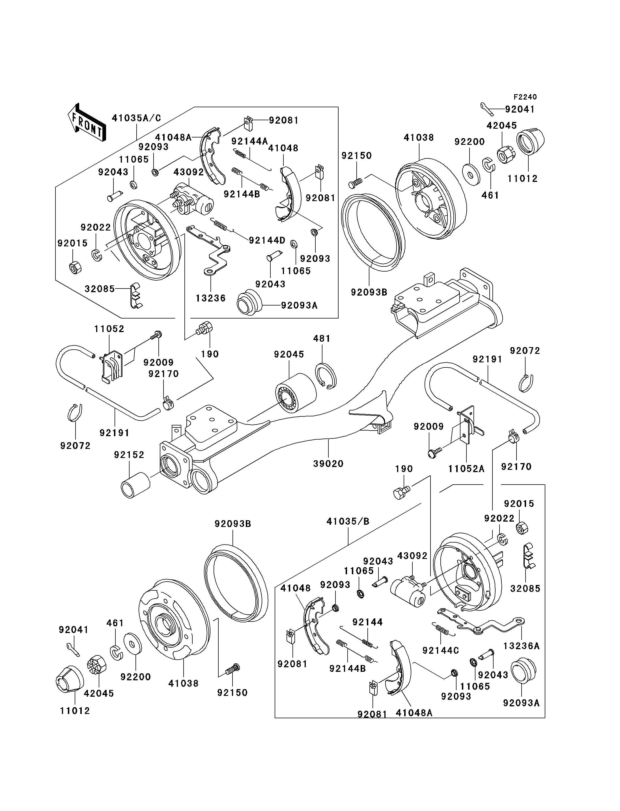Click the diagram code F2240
coord(525,97)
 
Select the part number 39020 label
coord(328,464)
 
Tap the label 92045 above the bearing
coord(289,354)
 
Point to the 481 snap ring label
coord(322,339)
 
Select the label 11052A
coord(466,469)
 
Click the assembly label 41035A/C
coord(137,118)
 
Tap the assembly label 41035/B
coord(348,522)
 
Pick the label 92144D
coord(267,240)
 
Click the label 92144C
coord(441,650)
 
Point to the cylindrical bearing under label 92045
coord(296,393)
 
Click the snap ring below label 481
coord(326,376)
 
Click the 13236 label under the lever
coord(211,298)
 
